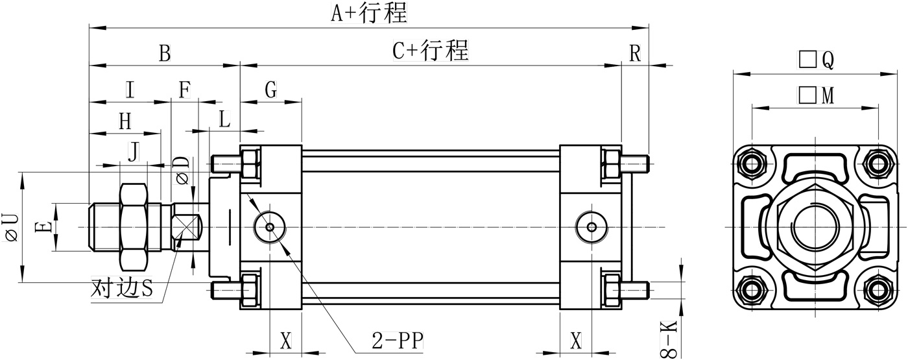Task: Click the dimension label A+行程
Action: [368, 13]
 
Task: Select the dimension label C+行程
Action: [430, 50]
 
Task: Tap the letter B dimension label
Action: [165, 53]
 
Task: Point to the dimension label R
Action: [635, 53]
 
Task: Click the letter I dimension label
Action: [130, 90]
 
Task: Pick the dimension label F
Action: [185, 90]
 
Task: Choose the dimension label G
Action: [270, 90]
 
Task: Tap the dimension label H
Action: [125, 121]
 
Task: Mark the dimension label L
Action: [224, 119]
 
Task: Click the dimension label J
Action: [133, 153]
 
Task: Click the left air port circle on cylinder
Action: [270, 227]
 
